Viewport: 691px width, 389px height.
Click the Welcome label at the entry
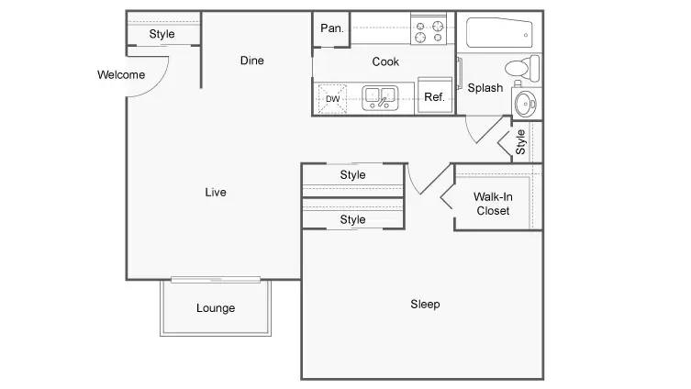(x=121, y=75)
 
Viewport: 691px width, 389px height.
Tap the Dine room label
(x=252, y=61)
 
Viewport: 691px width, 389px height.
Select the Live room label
(x=216, y=192)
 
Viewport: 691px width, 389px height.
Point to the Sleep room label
(x=425, y=304)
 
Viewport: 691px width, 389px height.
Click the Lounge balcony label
(x=216, y=308)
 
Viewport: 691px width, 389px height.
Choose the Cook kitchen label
(x=385, y=61)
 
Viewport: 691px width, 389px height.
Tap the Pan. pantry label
(x=332, y=28)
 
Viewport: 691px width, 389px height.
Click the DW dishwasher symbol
(x=332, y=99)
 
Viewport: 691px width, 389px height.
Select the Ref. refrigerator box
(x=435, y=95)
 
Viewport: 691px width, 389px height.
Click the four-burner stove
(x=428, y=29)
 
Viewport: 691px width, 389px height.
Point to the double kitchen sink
(x=380, y=98)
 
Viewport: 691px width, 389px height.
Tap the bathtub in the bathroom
(x=499, y=32)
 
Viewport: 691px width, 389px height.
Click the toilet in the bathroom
(x=522, y=68)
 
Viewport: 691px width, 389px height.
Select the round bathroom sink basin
(x=525, y=103)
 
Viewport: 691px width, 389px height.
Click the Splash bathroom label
(x=485, y=88)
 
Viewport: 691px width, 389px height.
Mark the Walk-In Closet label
(x=493, y=204)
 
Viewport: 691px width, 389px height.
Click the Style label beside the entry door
(x=162, y=34)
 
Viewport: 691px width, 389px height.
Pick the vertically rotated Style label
(x=520, y=142)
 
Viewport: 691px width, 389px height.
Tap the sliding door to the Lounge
(x=216, y=279)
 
